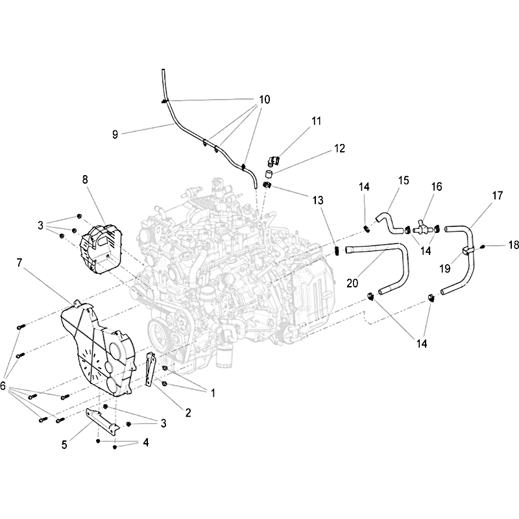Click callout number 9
point(115,134)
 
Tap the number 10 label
point(265,99)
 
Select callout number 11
point(317,121)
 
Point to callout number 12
point(339,148)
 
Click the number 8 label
point(85,180)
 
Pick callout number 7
point(19,263)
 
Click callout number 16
point(437,187)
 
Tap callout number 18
point(513,245)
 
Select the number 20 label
point(352,283)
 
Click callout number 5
point(64,444)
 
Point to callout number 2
point(188,413)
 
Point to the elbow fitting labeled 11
point(273,160)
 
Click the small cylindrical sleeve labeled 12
point(269,174)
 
